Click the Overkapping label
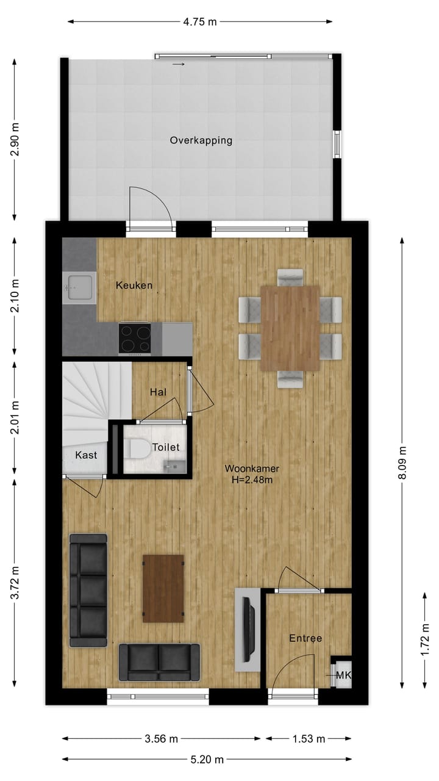click(x=201, y=140)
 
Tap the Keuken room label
click(x=134, y=285)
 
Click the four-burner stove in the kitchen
click(x=135, y=338)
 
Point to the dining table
click(x=290, y=328)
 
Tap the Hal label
click(x=159, y=392)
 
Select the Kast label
click(x=86, y=455)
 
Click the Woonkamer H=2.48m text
click(x=252, y=474)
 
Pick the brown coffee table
click(x=163, y=588)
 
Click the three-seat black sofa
click(x=88, y=589)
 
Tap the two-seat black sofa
click(x=159, y=662)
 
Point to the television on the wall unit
click(x=248, y=629)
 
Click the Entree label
click(x=305, y=638)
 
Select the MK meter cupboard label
click(x=343, y=675)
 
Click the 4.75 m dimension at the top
click(x=200, y=22)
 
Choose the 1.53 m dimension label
click(x=309, y=739)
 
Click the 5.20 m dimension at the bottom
click(x=207, y=760)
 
